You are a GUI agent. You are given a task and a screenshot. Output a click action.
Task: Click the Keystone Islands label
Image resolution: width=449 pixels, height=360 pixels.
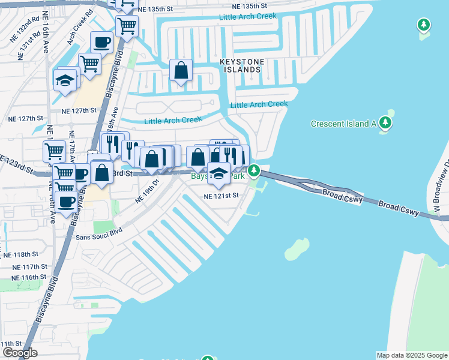(240, 65)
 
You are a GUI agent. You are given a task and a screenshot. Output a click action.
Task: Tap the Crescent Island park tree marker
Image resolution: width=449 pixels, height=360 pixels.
(385, 124)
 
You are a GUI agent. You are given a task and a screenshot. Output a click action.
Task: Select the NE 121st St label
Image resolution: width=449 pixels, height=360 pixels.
(221, 196)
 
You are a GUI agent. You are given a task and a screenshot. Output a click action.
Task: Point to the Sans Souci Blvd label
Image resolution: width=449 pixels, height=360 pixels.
(99, 234)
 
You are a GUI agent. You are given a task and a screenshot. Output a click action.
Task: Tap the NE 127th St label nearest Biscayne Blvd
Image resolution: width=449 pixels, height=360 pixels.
(79, 110)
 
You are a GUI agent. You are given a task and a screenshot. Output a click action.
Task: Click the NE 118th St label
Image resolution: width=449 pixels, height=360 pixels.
(21, 254)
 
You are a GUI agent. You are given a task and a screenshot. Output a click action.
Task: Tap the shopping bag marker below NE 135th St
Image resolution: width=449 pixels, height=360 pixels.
(181, 70)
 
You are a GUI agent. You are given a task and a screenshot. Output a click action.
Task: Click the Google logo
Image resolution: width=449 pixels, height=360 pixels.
(20, 353)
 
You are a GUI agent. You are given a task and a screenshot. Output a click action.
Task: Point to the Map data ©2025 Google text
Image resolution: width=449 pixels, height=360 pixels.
(412, 355)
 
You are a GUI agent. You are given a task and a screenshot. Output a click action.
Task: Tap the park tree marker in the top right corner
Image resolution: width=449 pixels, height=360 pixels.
(424, 25)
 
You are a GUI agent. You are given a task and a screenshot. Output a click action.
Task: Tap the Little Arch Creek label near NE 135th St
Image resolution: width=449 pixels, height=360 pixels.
(248, 17)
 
